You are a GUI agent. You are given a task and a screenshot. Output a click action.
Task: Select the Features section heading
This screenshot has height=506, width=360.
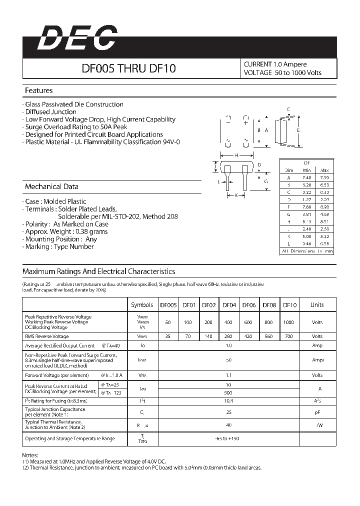[x=38, y=90]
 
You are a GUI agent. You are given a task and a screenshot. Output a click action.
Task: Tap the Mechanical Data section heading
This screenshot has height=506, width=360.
[x=51, y=186]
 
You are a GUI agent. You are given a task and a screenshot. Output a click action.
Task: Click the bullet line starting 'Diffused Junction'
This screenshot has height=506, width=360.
[x=50, y=112]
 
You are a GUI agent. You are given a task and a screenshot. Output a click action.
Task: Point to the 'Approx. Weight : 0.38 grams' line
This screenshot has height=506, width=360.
[x=66, y=231]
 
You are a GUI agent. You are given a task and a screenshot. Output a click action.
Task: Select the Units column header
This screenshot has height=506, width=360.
[x=317, y=305]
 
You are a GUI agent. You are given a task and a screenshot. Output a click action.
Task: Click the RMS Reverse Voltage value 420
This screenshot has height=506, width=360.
[x=248, y=336]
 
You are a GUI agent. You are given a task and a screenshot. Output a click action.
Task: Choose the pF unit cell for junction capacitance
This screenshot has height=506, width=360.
[x=317, y=412]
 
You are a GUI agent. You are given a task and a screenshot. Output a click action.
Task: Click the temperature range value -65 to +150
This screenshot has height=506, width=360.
[x=229, y=438]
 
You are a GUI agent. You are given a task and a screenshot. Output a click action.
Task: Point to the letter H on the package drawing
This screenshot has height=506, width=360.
[x=236, y=155]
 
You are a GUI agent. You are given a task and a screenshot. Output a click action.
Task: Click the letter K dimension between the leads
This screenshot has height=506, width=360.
[x=235, y=195]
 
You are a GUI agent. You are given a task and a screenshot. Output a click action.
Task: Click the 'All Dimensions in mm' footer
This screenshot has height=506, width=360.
[x=307, y=251]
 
